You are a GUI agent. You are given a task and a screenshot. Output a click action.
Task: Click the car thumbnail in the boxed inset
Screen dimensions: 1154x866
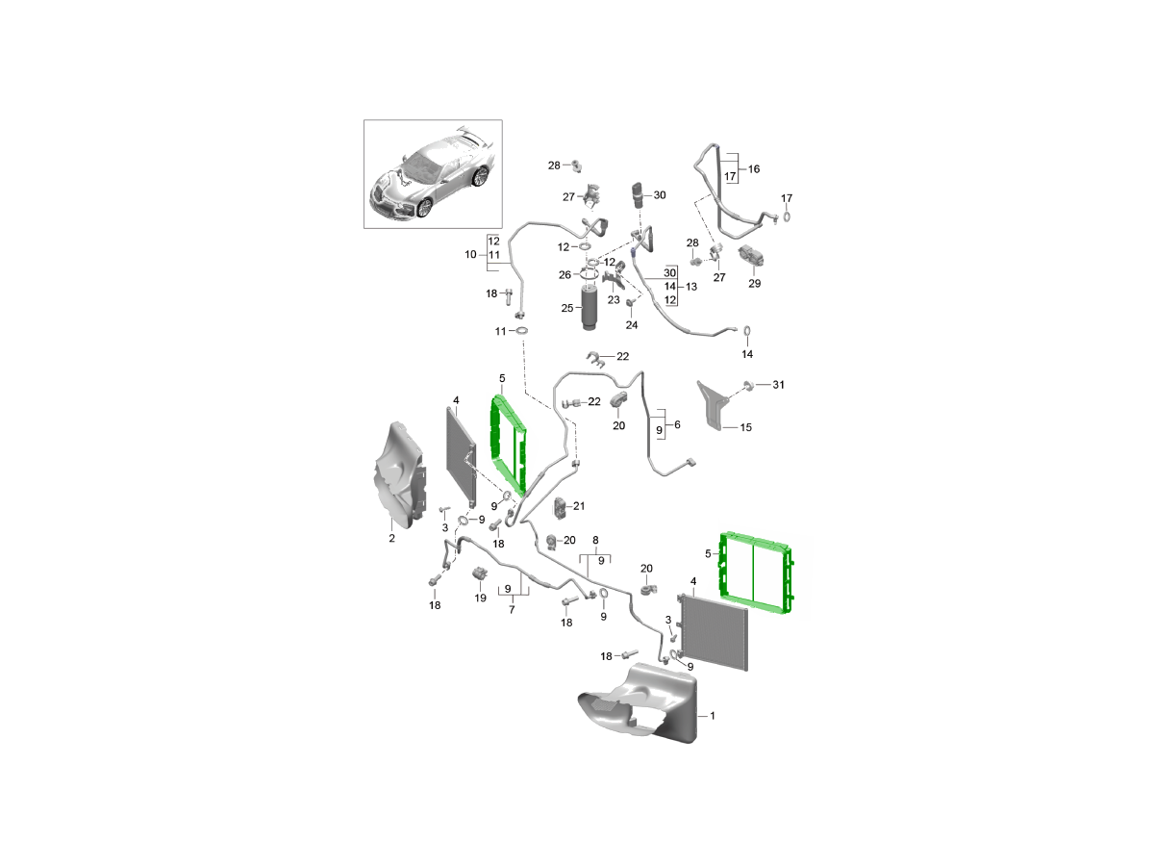coord(433,173)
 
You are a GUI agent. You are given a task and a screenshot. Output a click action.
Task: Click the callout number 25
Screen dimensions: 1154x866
coord(566,308)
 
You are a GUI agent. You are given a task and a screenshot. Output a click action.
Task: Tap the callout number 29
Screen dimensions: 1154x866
coord(754,284)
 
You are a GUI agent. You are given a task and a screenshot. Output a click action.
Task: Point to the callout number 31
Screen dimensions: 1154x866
coord(778,385)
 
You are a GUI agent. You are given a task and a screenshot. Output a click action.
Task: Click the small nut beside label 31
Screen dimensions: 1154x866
coord(749,385)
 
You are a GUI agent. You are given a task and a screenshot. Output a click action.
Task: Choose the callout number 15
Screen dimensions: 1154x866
coord(745,427)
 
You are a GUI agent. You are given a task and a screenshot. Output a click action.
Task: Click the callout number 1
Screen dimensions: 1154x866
coord(713,716)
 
